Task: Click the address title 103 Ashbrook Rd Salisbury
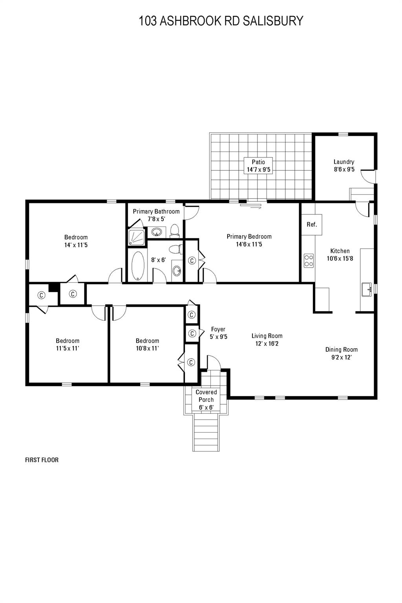point(221,21)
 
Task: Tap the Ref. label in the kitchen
point(312,225)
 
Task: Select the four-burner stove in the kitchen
point(309,260)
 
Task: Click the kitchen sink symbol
point(367,290)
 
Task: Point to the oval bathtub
point(137,266)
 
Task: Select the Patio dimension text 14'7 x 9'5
point(258,170)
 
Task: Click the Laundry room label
point(344,162)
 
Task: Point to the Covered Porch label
point(206,396)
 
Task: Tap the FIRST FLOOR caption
point(42,460)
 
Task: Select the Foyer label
point(218,329)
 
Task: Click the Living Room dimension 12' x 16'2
point(267,344)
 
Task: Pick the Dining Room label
point(341,349)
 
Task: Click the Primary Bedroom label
point(249,236)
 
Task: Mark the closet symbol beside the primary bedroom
point(192,260)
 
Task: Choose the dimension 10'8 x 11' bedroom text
point(147,348)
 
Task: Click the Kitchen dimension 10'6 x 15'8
point(340,258)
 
